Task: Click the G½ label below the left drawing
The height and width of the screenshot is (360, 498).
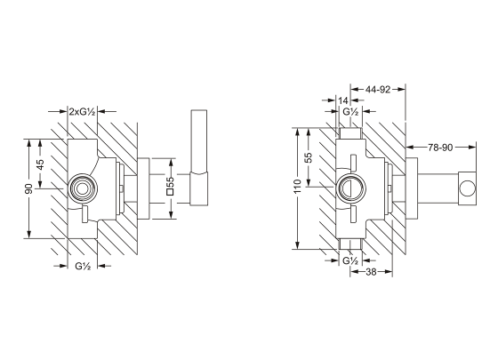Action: (x=83, y=266)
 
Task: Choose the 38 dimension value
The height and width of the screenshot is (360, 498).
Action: (x=374, y=273)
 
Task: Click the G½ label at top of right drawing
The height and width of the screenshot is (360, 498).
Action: (x=350, y=113)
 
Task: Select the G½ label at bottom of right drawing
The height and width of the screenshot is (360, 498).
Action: (x=350, y=260)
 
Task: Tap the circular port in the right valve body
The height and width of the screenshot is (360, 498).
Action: (x=349, y=187)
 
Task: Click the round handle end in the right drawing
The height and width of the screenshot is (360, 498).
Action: (x=466, y=187)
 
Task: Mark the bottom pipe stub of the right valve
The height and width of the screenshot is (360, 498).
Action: (x=349, y=244)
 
